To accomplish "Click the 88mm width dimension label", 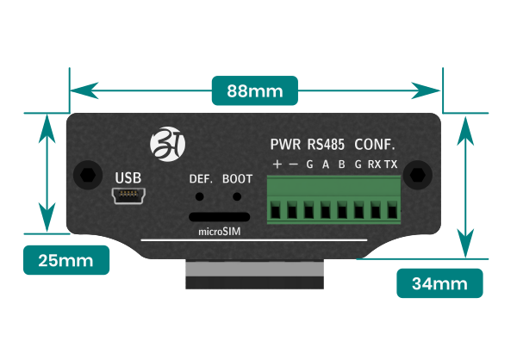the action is [x=255, y=90].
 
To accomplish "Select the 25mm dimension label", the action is [x=66, y=260].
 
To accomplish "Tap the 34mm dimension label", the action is [x=439, y=283].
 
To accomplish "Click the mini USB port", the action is [x=128, y=196].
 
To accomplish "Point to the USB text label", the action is [x=128, y=178].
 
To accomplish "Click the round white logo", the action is [x=167, y=144].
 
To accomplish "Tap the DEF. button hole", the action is [x=200, y=197].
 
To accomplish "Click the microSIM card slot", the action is [x=219, y=217].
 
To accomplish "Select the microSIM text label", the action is [x=219, y=232].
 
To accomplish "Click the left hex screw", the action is [x=88, y=175].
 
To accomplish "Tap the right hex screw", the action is [x=418, y=175].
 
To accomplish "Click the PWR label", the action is [x=285, y=145].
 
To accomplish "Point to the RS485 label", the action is [x=326, y=145].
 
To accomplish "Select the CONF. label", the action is [x=375, y=145].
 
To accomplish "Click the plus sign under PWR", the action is [x=277, y=164].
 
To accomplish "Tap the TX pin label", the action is [x=391, y=164].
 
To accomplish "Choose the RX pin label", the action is [x=374, y=164].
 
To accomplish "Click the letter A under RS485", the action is [x=326, y=164].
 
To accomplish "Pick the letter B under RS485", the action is [x=342, y=164].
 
